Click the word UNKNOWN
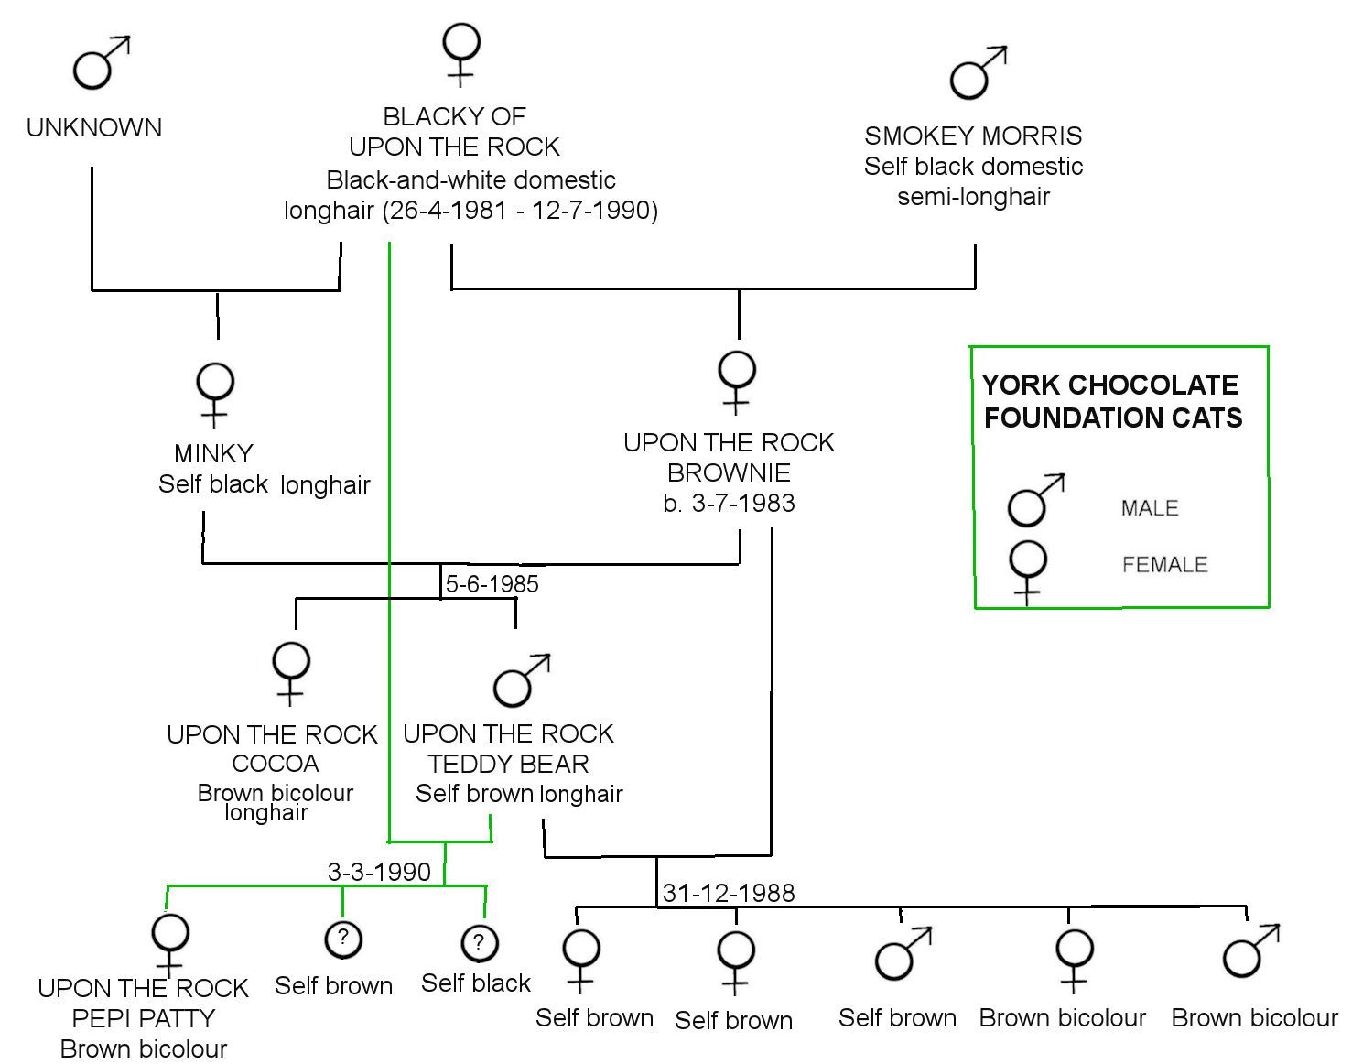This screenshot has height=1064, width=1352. coord(94,128)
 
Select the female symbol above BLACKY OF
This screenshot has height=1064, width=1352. coord(461,54)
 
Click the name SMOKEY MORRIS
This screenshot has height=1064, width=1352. coord(973,136)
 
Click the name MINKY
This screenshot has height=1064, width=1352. coord(213,453)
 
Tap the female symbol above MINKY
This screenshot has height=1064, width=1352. coord(215,394)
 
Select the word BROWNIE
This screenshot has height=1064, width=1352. coord(729,472)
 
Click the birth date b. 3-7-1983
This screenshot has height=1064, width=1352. coord(729,503)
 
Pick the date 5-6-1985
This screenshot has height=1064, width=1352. coord(492,584)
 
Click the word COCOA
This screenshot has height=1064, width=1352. coord(276,764)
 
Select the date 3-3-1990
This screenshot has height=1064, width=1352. coord(379,872)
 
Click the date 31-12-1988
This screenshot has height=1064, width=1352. coord(729,893)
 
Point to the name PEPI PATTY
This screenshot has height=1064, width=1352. coord(143,1018)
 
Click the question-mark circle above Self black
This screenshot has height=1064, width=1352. coord(480,943)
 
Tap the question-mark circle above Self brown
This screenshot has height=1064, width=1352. coord(343,939)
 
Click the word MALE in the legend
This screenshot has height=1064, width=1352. coord(1150,508)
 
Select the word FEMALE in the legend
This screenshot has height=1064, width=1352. coord(1164,564)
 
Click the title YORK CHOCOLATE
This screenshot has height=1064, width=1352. coord(1109,385)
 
